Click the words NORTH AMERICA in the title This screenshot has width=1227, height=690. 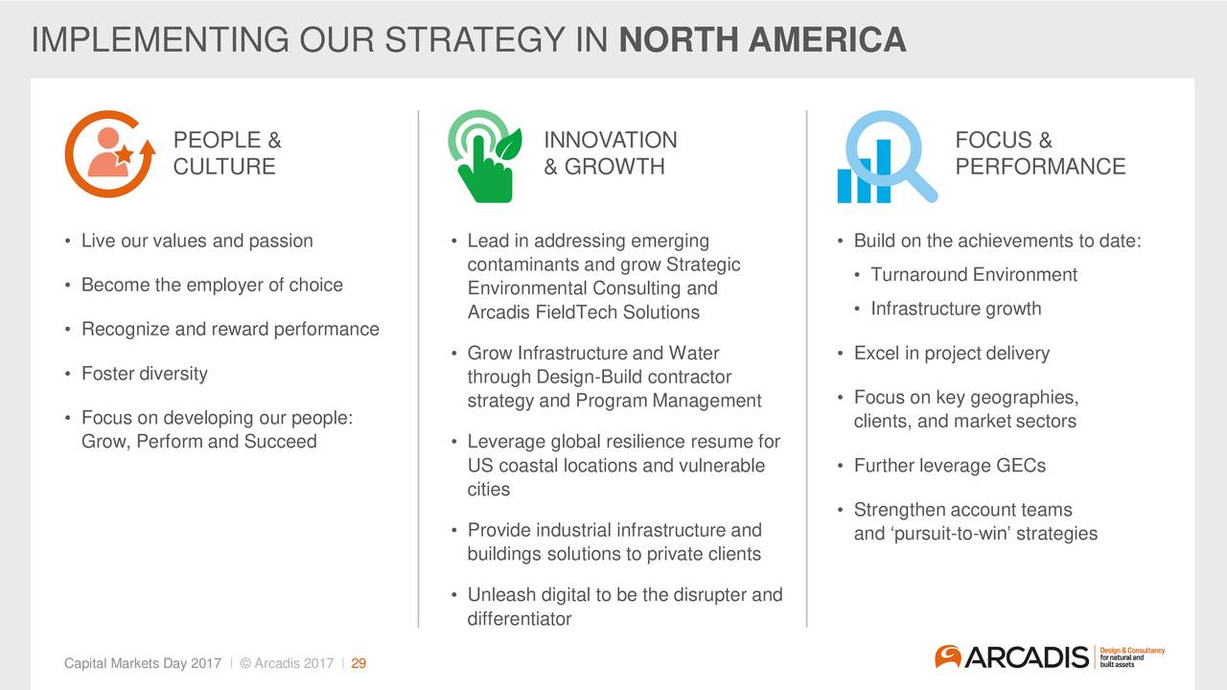pyautogui.click(x=762, y=39)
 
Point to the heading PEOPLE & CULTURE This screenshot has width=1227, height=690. pyautogui.click(x=227, y=153)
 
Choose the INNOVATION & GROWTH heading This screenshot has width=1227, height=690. pyautogui.click(x=611, y=153)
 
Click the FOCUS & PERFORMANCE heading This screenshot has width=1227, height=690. pyautogui.click(x=1040, y=153)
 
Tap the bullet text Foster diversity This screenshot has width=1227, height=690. pyautogui.click(x=145, y=374)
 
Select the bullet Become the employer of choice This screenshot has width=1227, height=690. pyautogui.click(x=212, y=285)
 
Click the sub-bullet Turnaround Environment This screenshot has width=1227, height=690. pyautogui.click(x=974, y=274)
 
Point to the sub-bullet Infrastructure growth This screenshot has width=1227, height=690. pyautogui.click(x=956, y=309)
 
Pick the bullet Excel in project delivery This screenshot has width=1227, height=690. pyautogui.click(x=952, y=354)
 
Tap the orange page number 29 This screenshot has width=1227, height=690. pyautogui.click(x=359, y=663)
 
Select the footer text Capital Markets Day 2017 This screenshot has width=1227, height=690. pyautogui.click(x=143, y=663)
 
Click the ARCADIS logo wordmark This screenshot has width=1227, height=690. pyautogui.click(x=1026, y=657)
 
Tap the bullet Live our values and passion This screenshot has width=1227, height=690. pyautogui.click(x=197, y=241)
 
